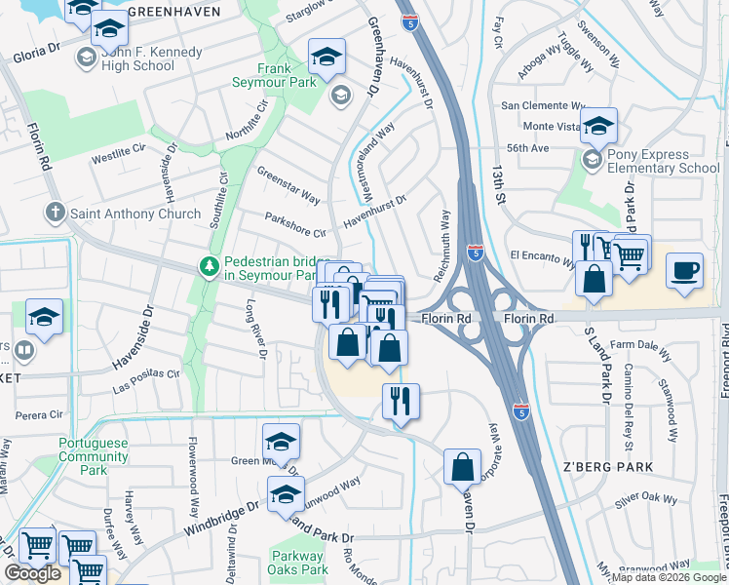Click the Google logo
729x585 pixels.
click(x=32, y=574)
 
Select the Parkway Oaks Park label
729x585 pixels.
click(x=299, y=563)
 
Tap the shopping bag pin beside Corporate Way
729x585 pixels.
click(x=462, y=467)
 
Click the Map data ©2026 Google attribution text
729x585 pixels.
click(x=669, y=577)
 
